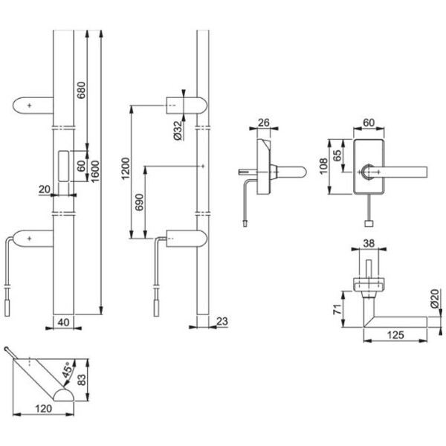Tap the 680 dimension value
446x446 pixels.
click(x=82, y=91)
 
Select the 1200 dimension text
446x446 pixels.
click(x=126, y=168)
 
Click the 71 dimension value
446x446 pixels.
click(x=337, y=308)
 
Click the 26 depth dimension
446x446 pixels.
click(x=263, y=123)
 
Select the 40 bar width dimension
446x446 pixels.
click(x=63, y=321)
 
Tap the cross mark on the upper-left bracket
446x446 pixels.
click(x=29, y=106)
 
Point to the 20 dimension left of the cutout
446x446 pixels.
click(x=45, y=190)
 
